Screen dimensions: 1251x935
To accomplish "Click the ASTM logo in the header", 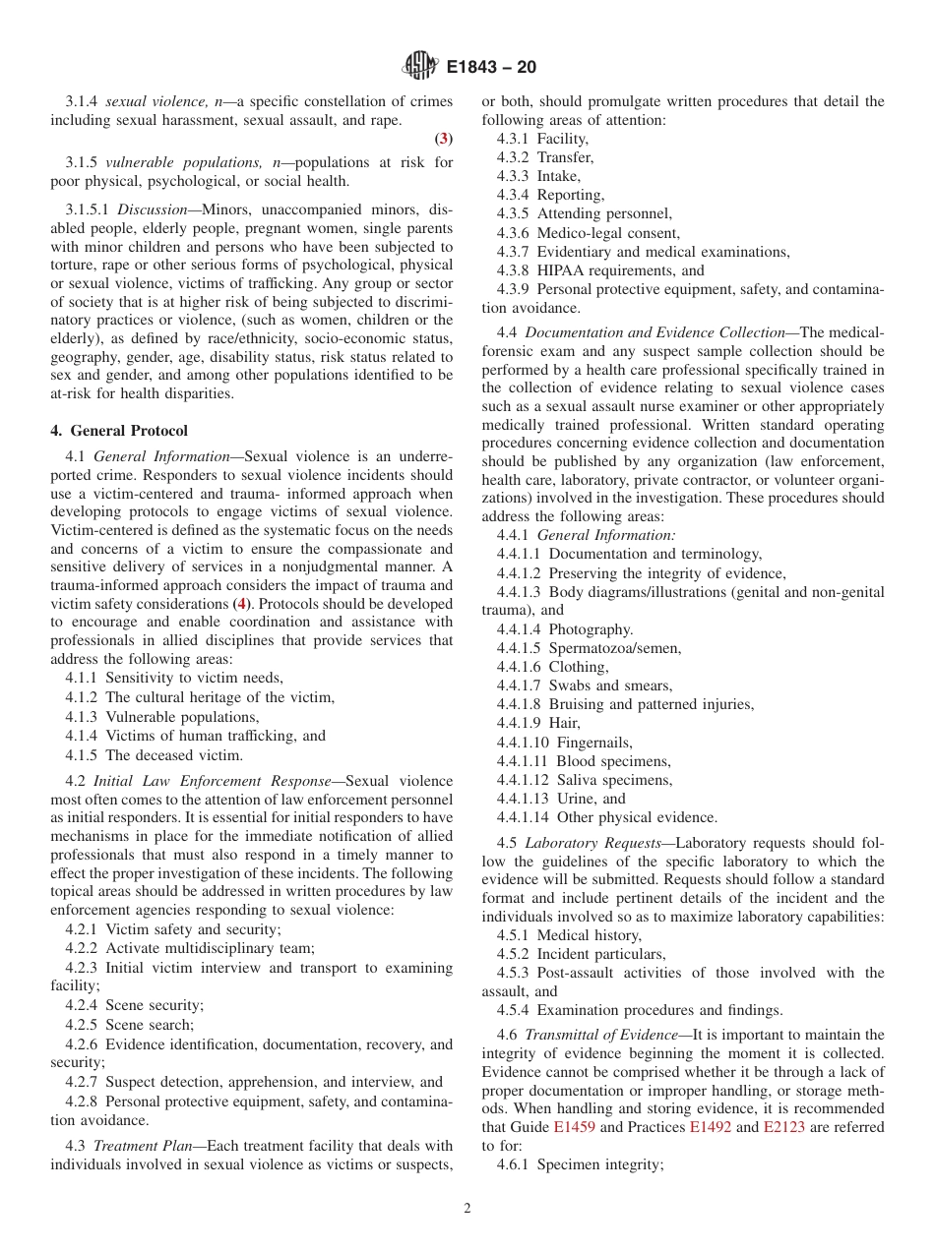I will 419,67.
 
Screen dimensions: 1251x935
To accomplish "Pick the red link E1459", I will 574,1127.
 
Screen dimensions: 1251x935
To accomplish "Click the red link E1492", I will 710,1127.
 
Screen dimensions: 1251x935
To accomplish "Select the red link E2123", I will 783,1127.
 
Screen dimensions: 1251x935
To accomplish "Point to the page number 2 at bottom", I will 467,1209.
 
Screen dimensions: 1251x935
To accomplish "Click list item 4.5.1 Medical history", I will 569,935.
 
